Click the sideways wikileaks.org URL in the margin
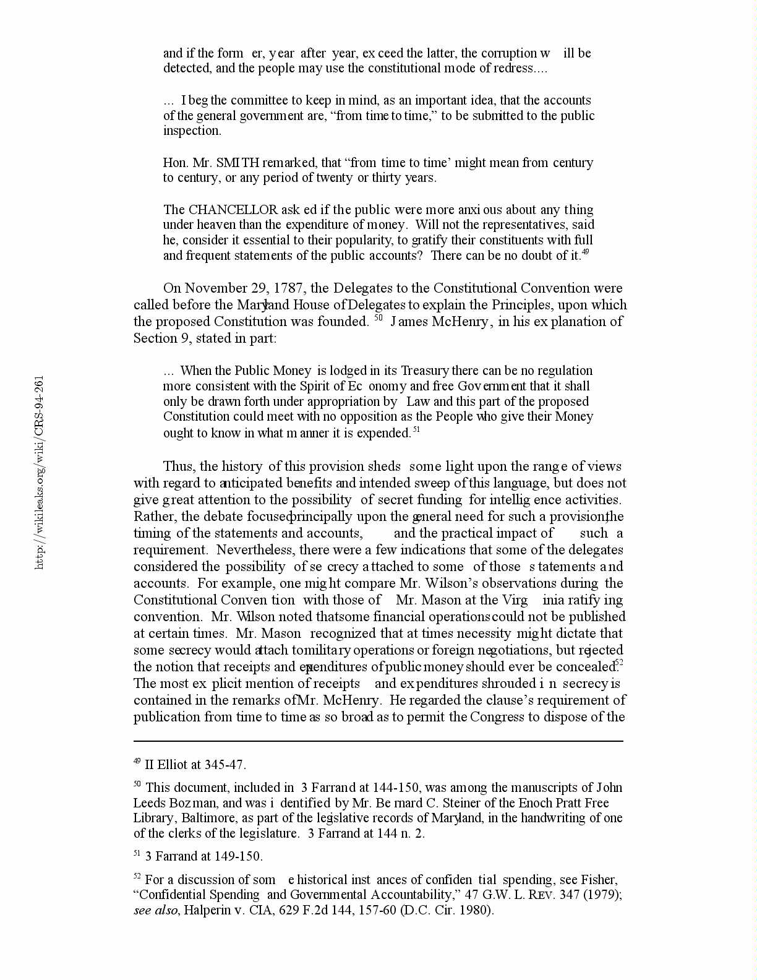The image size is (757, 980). click(39, 472)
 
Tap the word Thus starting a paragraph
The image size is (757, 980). click(178, 466)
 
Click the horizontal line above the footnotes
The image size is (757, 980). click(378, 741)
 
